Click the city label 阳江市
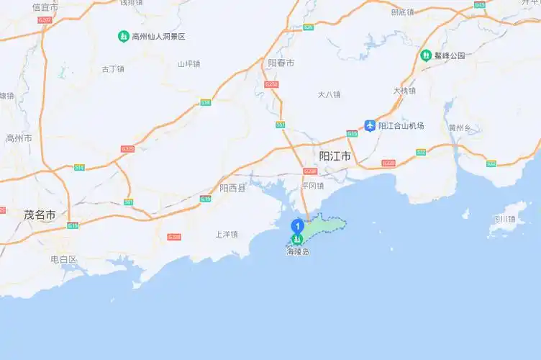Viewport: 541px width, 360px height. click(x=335, y=156)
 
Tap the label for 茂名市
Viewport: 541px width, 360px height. click(x=40, y=215)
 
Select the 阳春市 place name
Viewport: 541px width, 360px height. click(x=281, y=63)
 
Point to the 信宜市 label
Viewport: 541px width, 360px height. click(x=45, y=6)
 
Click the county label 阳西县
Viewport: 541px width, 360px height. click(x=232, y=188)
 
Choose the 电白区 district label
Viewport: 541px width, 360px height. click(x=63, y=258)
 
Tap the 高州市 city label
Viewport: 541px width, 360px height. click(x=19, y=138)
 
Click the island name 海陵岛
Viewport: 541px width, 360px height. click(x=297, y=252)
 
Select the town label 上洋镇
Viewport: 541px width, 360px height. click(x=227, y=234)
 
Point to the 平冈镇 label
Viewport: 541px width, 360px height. click(x=313, y=186)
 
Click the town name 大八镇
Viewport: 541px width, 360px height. click(x=329, y=94)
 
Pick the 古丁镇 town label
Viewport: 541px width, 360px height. click(x=113, y=69)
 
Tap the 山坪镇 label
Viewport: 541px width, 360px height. click(x=188, y=63)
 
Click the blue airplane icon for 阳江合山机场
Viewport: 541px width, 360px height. click(x=370, y=126)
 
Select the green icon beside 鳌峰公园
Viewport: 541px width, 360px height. click(x=426, y=55)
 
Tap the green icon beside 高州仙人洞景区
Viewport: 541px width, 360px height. click(x=124, y=36)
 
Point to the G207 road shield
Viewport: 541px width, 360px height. click(x=45, y=20)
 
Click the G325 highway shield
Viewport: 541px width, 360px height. click(x=127, y=148)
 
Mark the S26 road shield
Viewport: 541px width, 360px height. click(x=308, y=27)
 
